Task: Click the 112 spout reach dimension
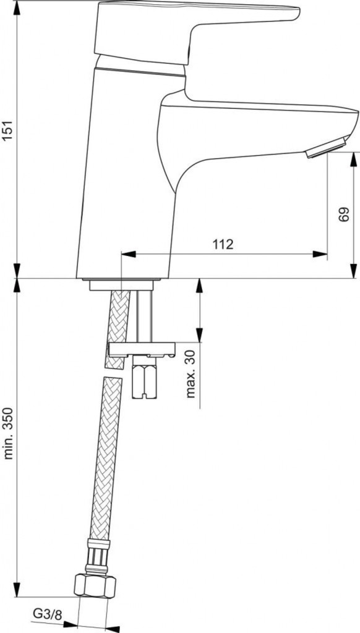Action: (x=223, y=244)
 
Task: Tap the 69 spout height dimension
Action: (x=343, y=215)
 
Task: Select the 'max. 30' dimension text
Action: (x=191, y=374)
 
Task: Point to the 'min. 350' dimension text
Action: (x=8, y=433)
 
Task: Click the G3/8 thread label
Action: (x=48, y=615)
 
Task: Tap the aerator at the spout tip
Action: (x=327, y=147)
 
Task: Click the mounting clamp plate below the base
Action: (x=142, y=349)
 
